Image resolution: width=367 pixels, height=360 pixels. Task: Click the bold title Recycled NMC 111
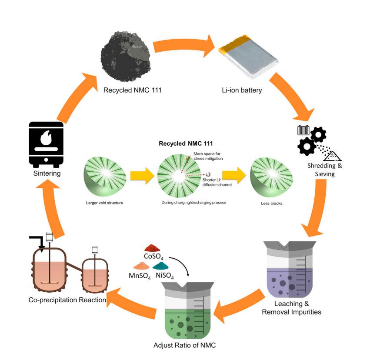pyautogui.click(x=182, y=143)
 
